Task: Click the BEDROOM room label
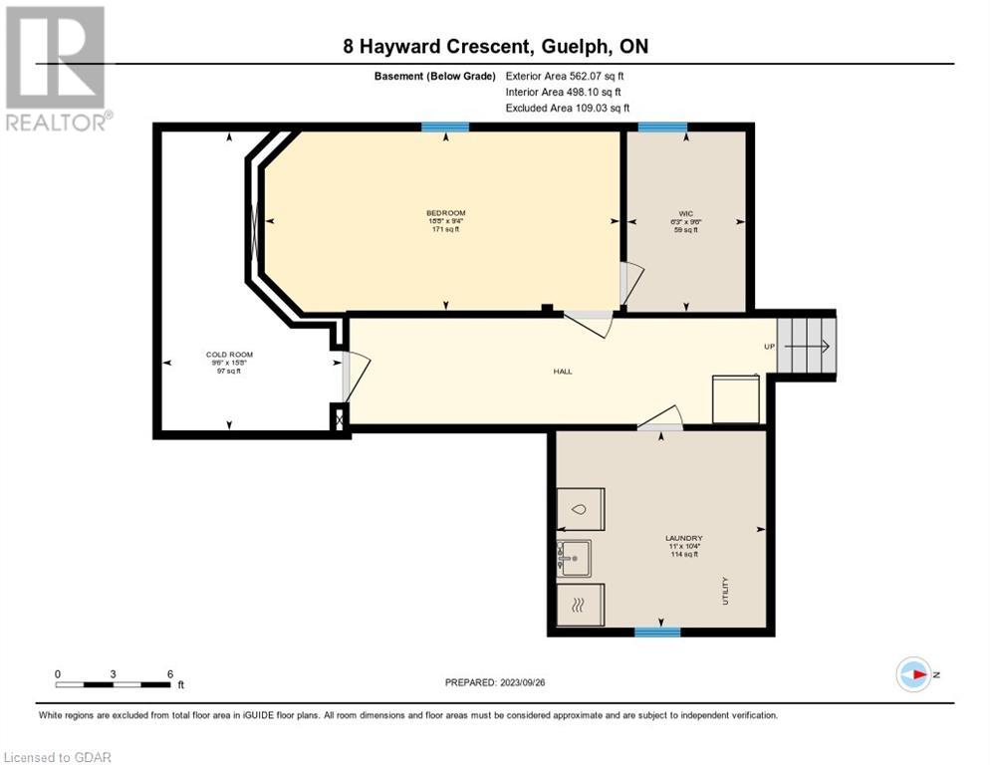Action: coord(445,213)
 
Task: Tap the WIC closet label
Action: coord(685,213)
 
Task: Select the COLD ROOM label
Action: coord(221,356)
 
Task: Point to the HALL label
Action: coord(564,372)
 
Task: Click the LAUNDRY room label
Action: coord(684,538)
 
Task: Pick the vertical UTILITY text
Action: coord(726,590)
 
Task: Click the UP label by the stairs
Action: coord(767,347)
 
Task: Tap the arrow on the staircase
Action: coord(808,347)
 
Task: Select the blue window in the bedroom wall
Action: coord(444,127)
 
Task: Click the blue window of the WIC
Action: coord(662,127)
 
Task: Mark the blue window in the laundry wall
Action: coord(657,632)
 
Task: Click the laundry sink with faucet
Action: coord(575,558)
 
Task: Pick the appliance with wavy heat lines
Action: coord(580,604)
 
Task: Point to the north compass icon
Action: coord(913,674)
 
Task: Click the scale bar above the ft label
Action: coord(113,684)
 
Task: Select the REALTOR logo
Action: coord(57,68)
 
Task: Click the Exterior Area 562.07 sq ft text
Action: coord(565,76)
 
